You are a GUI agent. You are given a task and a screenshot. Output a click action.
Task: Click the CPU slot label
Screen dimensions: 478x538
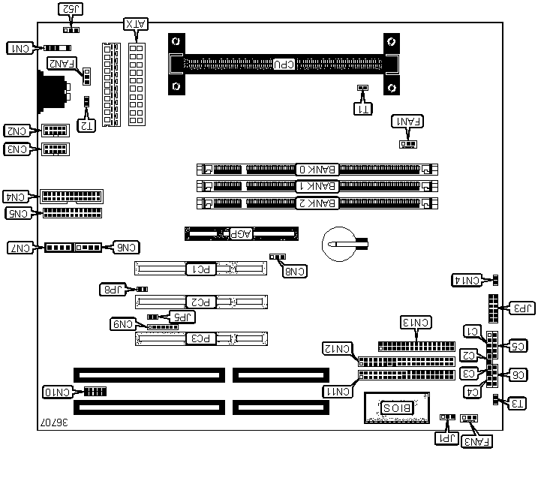(x=283, y=65)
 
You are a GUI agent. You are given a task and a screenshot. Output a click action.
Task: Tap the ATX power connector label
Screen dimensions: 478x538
(x=136, y=26)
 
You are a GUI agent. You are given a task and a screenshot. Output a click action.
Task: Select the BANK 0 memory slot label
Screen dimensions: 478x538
(x=316, y=170)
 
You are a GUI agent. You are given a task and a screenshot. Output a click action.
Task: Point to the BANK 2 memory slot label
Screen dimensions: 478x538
(x=316, y=203)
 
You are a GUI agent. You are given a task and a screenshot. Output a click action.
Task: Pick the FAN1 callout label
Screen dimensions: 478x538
(x=408, y=121)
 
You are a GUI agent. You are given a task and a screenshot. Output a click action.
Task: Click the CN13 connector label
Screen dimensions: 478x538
(x=416, y=323)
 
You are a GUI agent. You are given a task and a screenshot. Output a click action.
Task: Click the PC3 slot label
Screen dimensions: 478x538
(x=200, y=339)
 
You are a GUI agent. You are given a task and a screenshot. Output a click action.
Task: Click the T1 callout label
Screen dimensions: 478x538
(x=362, y=107)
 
